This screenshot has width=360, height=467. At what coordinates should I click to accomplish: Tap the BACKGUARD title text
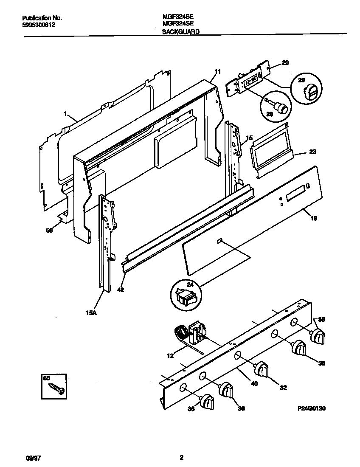[x=181, y=31]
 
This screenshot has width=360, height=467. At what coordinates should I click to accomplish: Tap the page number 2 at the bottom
[x=181, y=458]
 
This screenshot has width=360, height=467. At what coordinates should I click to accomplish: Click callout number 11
[x=217, y=72]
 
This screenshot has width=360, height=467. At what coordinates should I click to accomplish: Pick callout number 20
[x=285, y=63]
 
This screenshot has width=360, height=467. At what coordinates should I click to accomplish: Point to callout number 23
[x=312, y=152]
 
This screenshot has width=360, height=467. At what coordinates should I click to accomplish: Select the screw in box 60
[x=56, y=388]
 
